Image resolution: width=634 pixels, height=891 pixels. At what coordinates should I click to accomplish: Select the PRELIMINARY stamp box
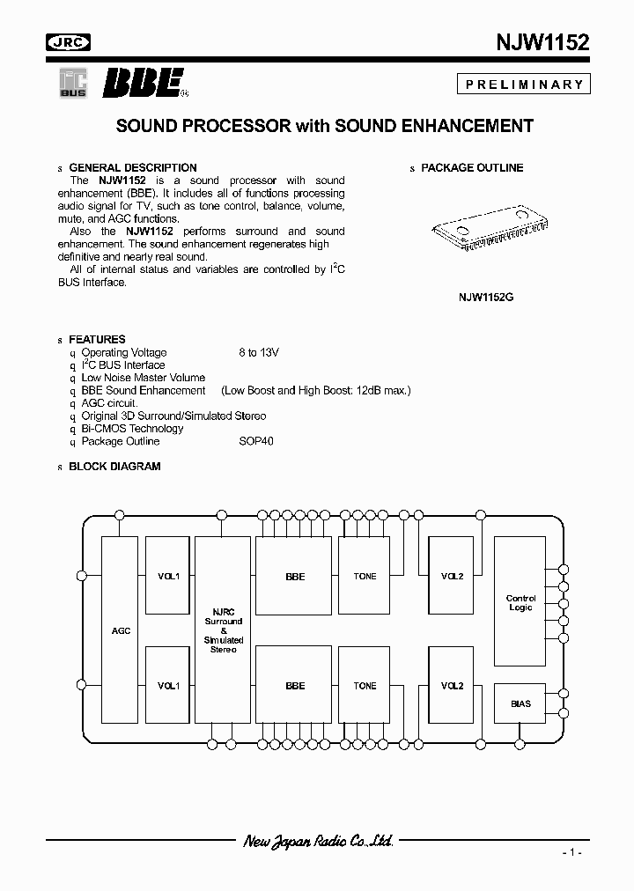point(523,85)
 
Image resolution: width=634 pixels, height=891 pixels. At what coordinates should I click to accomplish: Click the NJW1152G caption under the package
point(485,298)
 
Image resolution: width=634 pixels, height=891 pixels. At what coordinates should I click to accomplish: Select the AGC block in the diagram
point(121,630)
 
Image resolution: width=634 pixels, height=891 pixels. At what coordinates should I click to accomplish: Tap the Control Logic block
point(520,603)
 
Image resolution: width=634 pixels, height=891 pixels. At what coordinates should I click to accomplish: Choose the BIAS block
point(520,703)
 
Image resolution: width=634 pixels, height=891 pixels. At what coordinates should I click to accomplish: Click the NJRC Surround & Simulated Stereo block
point(223,630)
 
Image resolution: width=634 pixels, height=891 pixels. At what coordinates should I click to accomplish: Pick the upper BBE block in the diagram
point(295,577)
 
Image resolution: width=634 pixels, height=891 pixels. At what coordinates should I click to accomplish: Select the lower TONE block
point(365,686)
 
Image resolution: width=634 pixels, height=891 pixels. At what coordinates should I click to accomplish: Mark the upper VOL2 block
point(453,577)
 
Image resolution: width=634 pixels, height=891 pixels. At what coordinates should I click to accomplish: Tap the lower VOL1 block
point(167,686)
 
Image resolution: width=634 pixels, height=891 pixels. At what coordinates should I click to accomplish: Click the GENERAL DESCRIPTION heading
point(132,167)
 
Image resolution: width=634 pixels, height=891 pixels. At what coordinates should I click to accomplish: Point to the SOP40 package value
point(255,441)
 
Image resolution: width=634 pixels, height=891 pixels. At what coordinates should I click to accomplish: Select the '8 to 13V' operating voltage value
point(258,352)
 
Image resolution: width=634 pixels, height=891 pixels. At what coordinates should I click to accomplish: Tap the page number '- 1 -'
point(571,853)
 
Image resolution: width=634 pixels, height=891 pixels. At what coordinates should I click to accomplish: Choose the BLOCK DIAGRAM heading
point(114,467)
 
